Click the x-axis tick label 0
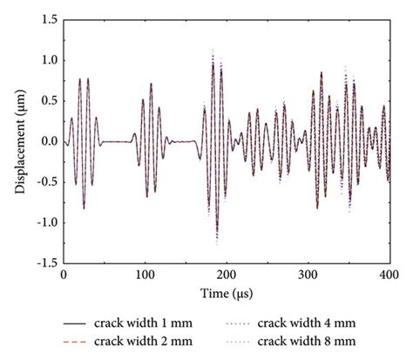point(63,275)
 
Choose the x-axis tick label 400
point(389,275)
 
